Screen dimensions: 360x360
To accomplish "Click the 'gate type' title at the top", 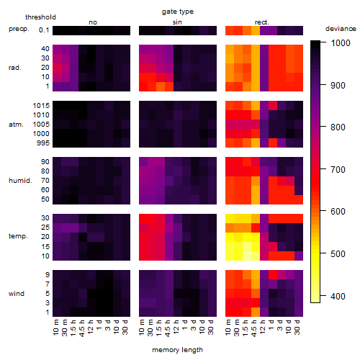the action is click(178, 12).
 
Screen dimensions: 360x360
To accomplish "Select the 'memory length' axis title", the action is click(177, 350).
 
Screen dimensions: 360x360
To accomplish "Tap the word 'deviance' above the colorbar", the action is click(341, 29).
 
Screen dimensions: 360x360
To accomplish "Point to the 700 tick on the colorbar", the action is click(323, 169).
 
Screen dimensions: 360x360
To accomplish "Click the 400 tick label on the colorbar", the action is click(338, 297).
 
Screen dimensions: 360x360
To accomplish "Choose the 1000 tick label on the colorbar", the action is click(341, 43).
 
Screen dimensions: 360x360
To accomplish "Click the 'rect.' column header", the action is click(261, 22).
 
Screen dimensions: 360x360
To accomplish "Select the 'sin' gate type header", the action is click(177, 22).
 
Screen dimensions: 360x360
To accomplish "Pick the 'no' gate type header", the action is click(93, 22).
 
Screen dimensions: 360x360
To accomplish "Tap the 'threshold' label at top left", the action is click(40, 17).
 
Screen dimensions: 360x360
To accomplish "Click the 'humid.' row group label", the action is click(20, 181).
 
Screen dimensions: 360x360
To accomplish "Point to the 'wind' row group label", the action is click(17, 294).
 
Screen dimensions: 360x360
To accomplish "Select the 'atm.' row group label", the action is click(16, 125).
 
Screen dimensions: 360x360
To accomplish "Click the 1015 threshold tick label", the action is click(41, 106).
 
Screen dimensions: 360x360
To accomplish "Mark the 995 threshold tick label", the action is click(43, 143).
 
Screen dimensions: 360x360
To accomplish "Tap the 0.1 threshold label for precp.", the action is click(44, 30).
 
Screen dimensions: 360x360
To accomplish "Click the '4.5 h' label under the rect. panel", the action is click(254, 328).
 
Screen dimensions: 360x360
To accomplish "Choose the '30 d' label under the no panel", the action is click(125, 327).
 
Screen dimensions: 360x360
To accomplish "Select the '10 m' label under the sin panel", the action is click(142, 327).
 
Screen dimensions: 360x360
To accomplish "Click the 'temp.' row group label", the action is click(18, 236).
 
